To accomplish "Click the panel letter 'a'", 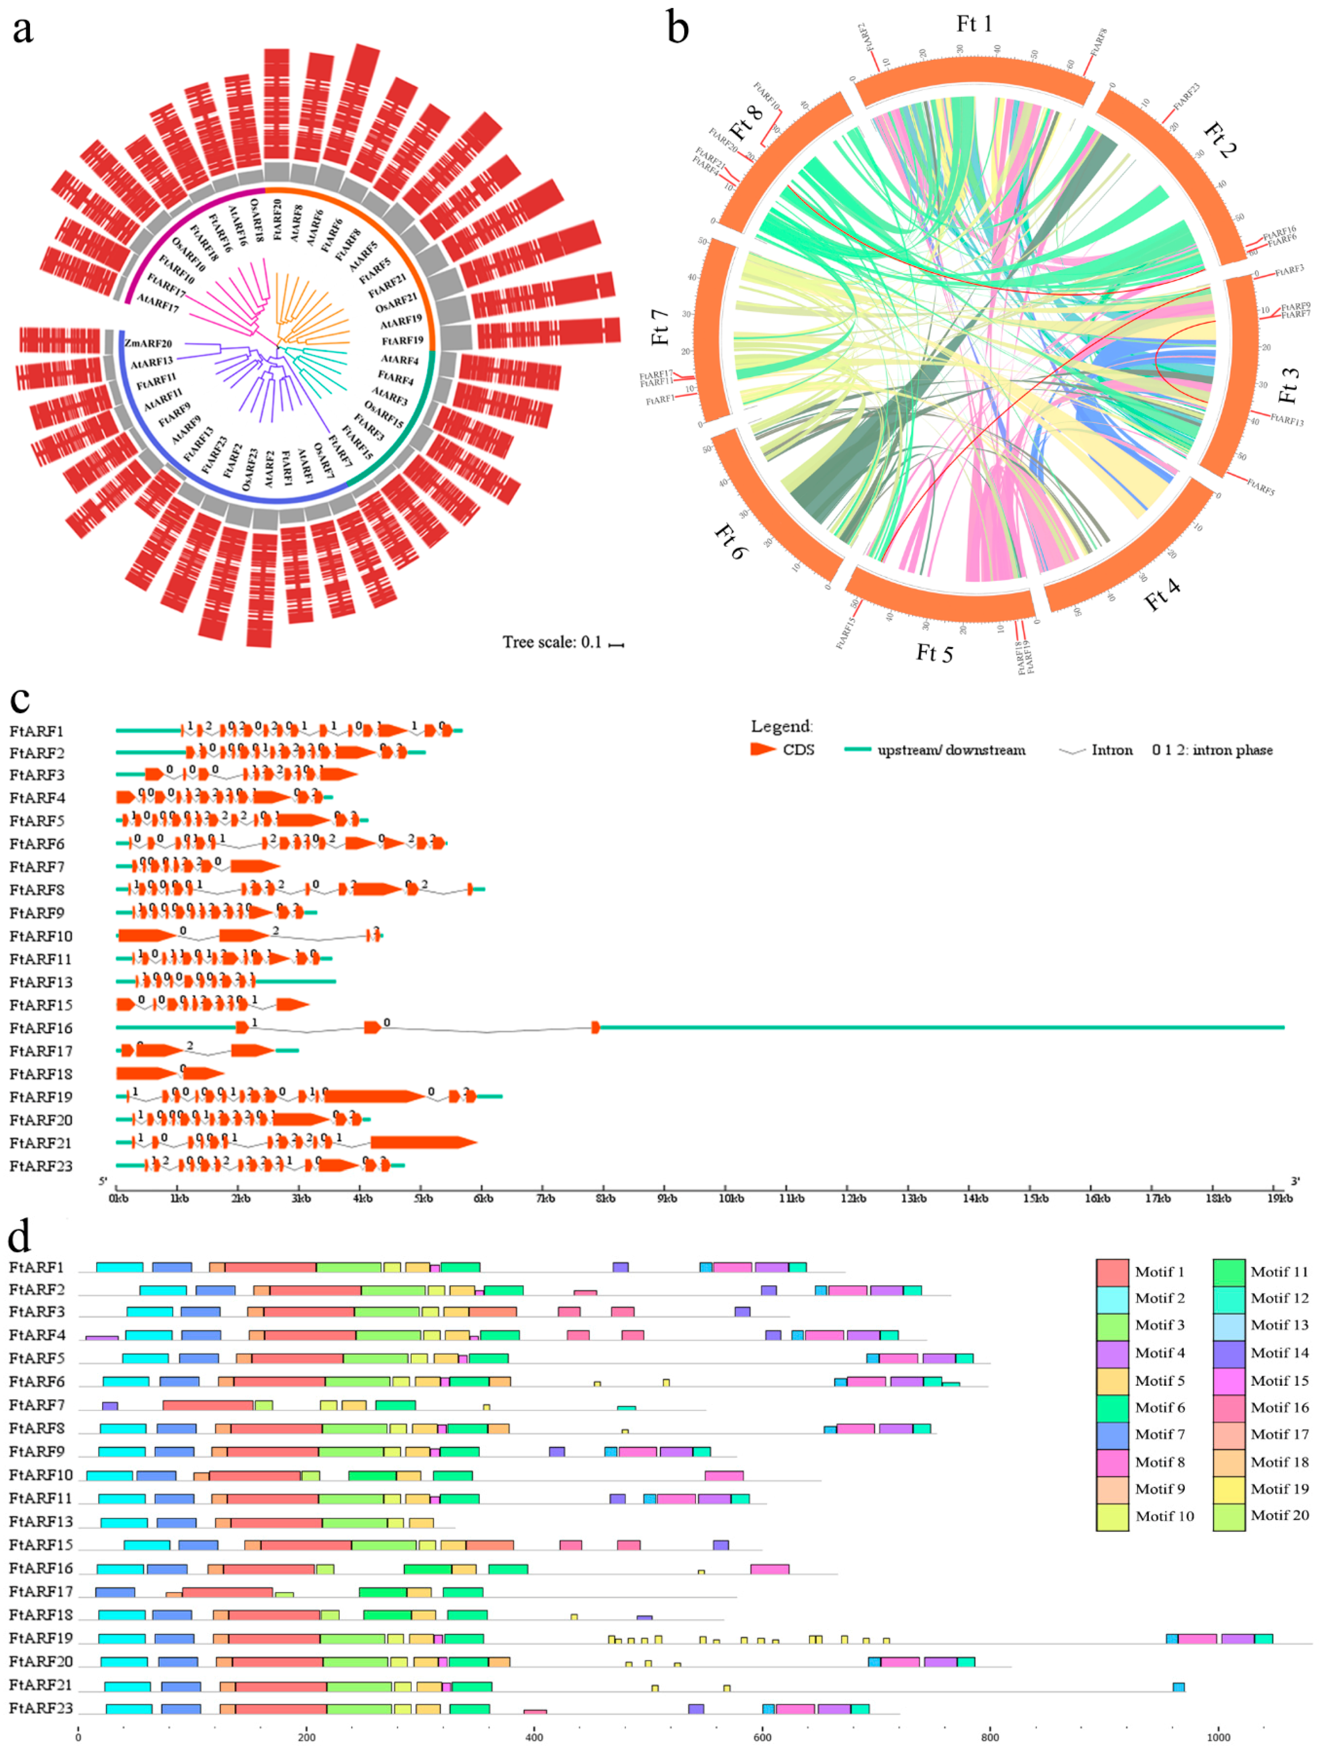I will pos(23,29).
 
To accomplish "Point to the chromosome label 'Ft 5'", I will pos(934,653).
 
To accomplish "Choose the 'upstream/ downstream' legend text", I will pos(951,750).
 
